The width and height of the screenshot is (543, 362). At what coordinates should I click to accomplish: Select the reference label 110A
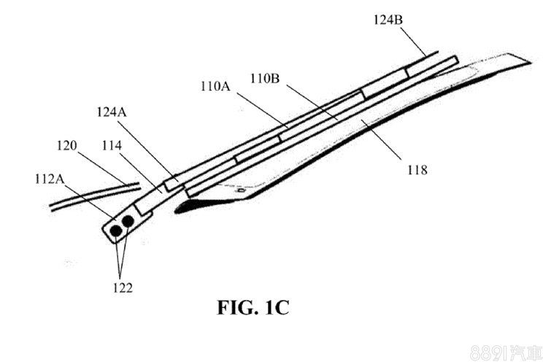pyautogui.click(x=216, y=86)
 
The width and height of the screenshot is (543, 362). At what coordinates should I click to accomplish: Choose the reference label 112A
pyautogui.click(x=49, y=177)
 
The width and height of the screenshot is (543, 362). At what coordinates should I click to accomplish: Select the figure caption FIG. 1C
pyautogui.click(x=253, y=307)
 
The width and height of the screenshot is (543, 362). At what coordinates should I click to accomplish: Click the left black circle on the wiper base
pyautogui.click(x=115, y=230)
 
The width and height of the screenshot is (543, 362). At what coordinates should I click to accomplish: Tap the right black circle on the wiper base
pyautogui.click(x=128, y=220)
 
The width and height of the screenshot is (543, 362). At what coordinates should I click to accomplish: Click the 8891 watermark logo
pyautogui.click(x=508, y=349)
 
